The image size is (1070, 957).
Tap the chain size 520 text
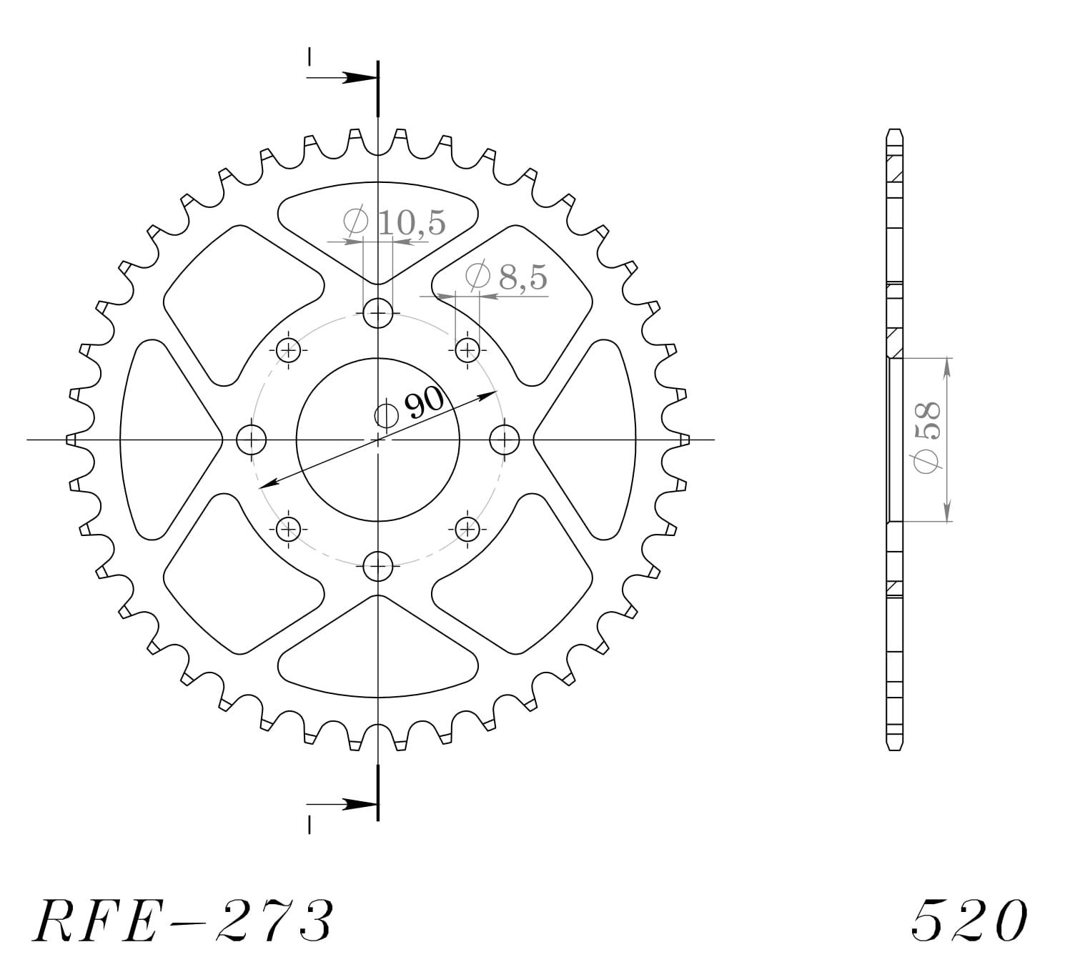click(x=969, y=920)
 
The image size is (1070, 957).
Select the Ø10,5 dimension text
click(x=394, y=222)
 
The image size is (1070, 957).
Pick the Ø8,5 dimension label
click(x=506, y=277)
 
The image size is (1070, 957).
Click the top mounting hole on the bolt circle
click(x=377, y=312)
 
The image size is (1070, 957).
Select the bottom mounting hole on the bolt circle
click(x=377, y=567)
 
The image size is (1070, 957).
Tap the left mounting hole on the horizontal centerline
click(x=251, y=440)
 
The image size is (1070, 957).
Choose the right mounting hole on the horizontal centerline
click(x=505, y=440)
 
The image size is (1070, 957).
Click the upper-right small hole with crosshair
click(x=467, y=350)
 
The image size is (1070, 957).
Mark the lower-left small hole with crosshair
click(x=288, y=529)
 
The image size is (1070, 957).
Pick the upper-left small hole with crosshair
click(x=288, y=350)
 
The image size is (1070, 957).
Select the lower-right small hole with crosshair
click(x=467, y=529)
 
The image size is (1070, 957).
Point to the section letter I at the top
click(x=309, y=56)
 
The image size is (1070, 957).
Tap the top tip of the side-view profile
click(x=894, y=132)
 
